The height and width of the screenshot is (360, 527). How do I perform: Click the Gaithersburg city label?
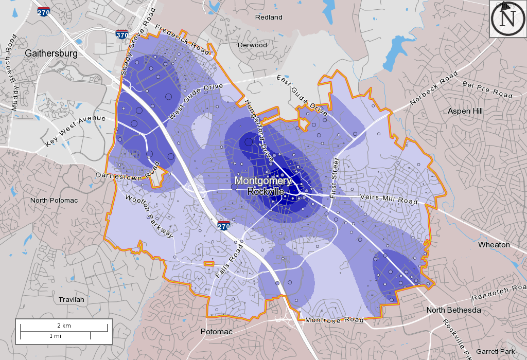point(51,53)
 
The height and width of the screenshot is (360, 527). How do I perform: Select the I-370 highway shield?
point(122,35)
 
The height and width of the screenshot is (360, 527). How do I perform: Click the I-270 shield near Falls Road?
point(223,226)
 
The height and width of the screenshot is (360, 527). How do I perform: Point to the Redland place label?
point(269,17)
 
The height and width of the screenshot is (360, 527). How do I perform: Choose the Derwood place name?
point(252,45)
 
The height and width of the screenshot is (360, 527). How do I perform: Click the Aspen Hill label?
point(465,111)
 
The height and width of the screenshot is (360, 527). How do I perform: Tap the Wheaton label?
point(494,245)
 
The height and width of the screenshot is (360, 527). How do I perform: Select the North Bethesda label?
point(453,310)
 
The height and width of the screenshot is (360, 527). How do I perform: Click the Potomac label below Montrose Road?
point(216,332)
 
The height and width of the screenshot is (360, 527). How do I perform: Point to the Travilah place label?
point(71,299)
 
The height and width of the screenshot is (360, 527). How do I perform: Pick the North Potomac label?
point(54,200)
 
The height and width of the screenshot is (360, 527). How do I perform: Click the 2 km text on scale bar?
point(64,326)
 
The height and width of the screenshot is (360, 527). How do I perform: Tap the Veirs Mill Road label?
point(389,200)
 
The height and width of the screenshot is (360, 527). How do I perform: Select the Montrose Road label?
point(335,320)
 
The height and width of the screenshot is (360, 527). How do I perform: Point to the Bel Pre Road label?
point(487,89)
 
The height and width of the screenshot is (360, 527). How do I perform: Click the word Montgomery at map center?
point(263,181)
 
